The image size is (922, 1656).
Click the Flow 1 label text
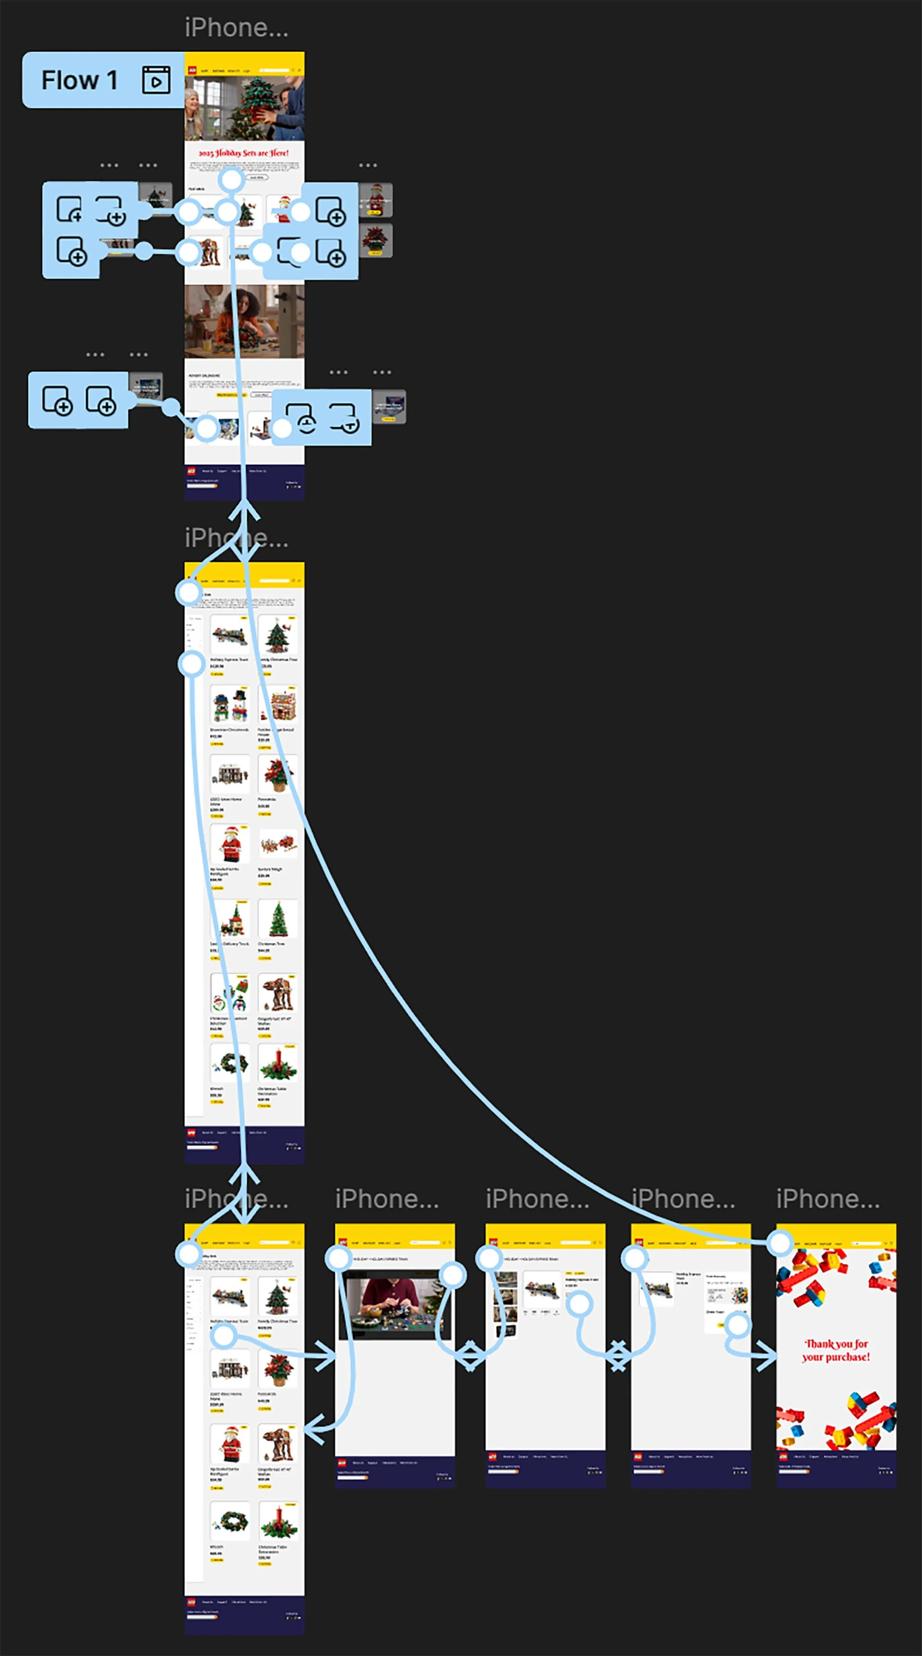click(80, 80)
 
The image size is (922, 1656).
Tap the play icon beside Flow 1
click(156, 80)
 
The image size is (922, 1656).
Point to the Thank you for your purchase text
click(836, 1350)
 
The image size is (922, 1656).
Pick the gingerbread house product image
click(278, 705)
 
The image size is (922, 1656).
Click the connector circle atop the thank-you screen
click(780, 1243)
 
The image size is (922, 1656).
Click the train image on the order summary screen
click(657, 1289)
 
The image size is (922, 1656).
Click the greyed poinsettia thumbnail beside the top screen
click(375, 240)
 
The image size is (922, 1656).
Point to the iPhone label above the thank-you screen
click(828, 1199)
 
